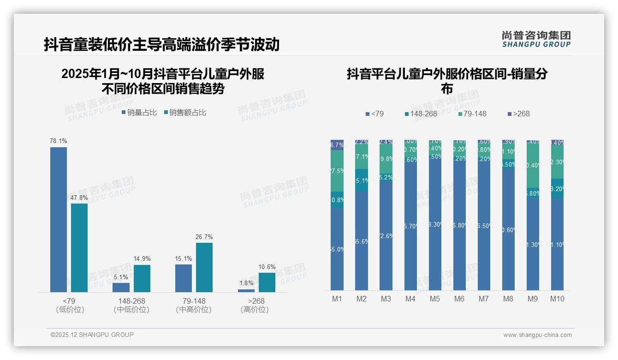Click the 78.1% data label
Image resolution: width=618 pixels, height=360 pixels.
coord(59,141)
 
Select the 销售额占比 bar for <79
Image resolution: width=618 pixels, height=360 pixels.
coord(79,247)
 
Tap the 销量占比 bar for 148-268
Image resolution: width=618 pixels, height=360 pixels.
coord(121,287)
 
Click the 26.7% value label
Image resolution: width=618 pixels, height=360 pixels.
coord(204,237)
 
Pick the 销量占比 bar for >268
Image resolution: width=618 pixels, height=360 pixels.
coord(246,290)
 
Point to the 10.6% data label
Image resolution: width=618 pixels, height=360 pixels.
coord(267,267)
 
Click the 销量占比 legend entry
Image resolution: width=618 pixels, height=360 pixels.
coord(139,113)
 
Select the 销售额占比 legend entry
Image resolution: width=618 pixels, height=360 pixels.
coord(185,113)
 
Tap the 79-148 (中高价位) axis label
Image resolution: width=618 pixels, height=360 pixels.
coord(194,305)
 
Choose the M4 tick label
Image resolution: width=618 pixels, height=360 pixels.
coord(410,299)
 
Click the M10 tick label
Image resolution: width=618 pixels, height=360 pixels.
coord(557,299)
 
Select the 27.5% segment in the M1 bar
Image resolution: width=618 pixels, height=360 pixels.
coord(337,171)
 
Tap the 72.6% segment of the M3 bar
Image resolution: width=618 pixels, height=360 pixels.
coord(386,235)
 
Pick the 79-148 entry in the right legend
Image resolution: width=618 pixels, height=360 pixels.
coord(472,114)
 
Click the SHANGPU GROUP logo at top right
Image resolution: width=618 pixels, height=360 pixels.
coord(536,39)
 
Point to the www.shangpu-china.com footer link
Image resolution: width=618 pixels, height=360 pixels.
coord(537,335)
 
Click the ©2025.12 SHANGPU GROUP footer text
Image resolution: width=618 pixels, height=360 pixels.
coord(92,335)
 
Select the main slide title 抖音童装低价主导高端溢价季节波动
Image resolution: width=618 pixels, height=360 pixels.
coord(162,44)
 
